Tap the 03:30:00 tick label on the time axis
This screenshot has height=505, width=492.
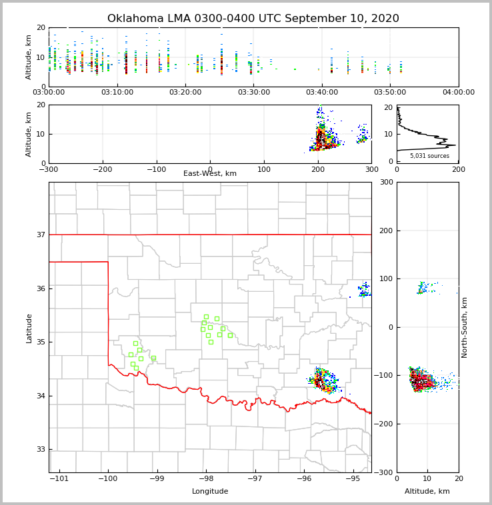tap(254, 93)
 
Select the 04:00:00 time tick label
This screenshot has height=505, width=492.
tap(458, 93)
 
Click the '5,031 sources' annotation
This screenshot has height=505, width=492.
tap(429, 156)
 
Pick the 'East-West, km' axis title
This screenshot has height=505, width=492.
tap(210, 174)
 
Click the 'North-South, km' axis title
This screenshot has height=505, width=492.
tap(465, 327)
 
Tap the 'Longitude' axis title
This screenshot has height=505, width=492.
tap(210, 492)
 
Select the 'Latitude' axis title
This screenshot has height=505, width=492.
tap(29, 328)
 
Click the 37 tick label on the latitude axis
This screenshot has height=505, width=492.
tap(40, 235)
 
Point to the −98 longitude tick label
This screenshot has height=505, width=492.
tap(205, 479)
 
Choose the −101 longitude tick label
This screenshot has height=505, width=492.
tap(59, 479)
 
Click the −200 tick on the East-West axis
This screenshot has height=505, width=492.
tap(101, 169)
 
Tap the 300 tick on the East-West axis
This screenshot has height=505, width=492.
tap(371, 169)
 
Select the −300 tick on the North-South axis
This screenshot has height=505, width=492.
tap(386, 472)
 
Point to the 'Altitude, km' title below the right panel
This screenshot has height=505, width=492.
tap(427, 492)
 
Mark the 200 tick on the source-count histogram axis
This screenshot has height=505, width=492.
tap(458, 169)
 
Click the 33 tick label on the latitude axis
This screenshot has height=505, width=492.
tap(40, 449)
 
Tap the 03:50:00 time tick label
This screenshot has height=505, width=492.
tap(390, 93)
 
